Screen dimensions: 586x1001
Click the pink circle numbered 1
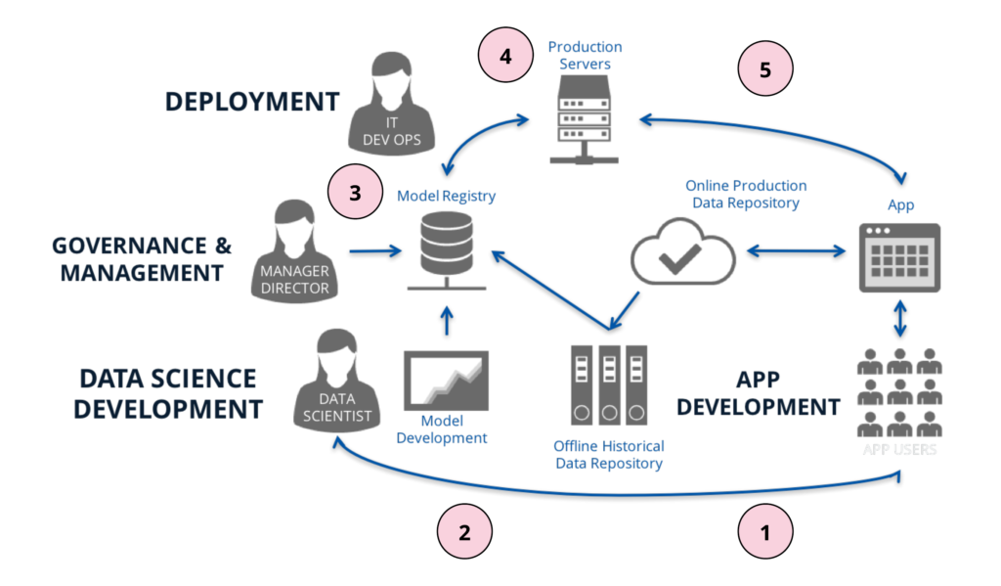coord(764,533)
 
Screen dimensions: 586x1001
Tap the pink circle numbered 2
coord(464,533)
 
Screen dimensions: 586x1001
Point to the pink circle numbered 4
coord(505,57)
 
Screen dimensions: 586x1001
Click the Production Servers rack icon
coord(585,120)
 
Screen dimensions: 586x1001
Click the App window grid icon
coord(899,257)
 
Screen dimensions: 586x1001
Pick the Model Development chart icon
coord(446,382)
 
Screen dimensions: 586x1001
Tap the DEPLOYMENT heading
coord(251,102)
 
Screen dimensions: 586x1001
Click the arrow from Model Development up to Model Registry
coord(446,322)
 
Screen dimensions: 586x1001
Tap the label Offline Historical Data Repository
coord(608,454)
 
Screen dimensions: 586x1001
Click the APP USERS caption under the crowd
coord(899,450)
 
